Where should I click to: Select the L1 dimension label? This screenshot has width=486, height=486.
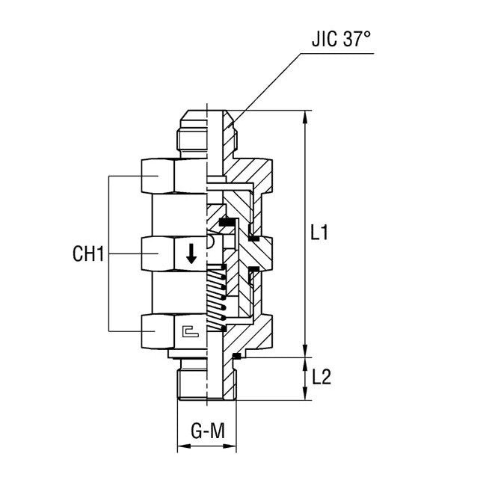(319, 233)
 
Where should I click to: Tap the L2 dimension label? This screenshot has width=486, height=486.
(321, 378)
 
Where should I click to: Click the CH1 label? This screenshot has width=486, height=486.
(87, 254)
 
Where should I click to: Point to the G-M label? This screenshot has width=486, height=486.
(206, 431)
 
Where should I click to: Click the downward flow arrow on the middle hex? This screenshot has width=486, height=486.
(191, 254)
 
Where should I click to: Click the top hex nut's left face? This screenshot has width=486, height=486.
(157, 176)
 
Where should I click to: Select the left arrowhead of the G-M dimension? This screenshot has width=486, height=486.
(181, 449)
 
